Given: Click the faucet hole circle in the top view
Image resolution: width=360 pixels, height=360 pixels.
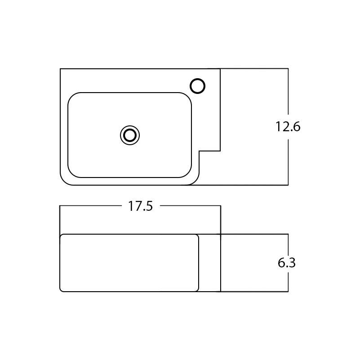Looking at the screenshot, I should tap(198, 86).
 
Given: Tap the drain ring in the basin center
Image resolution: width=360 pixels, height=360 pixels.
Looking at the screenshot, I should tap(130, 135).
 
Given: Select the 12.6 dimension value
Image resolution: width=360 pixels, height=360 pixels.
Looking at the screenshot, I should tap(288, 127).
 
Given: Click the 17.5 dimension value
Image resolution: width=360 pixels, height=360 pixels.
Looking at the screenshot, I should tap(141, 206).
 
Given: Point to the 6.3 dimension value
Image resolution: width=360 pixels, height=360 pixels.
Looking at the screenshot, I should tap(287, 263).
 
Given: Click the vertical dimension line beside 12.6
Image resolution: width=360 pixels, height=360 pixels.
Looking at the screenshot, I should tap(288, 157).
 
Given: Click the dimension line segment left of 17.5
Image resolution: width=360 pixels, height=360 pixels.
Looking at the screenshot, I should tap(90, 206).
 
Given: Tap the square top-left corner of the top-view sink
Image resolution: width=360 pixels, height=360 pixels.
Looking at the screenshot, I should tap(60, 69).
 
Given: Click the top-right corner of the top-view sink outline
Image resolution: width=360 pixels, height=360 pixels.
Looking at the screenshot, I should tap(220, 69).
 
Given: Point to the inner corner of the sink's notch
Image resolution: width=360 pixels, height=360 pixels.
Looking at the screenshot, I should tap(199, 151).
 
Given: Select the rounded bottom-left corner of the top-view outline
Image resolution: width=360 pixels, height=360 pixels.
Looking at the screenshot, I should tap(63, 182).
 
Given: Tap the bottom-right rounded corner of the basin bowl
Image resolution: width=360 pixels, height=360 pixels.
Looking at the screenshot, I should tap(188, 174).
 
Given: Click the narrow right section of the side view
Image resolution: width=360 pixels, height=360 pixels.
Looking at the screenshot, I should tap(209, 263).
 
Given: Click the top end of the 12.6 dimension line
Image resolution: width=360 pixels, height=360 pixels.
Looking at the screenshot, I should tap(288, 69).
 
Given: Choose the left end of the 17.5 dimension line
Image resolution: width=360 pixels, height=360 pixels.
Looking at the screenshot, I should tap(60, 206).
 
